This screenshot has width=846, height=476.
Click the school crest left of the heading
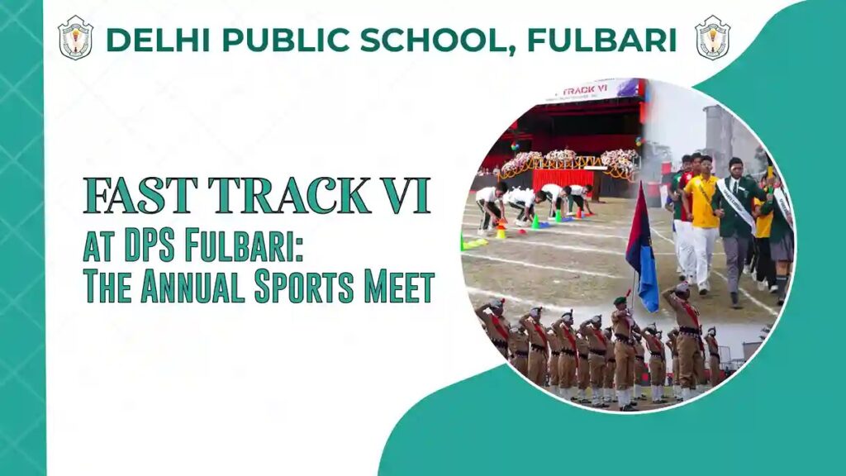pos(75,38)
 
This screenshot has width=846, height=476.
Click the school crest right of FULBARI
pos(712,38)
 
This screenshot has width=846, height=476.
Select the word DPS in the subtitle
pos(156,246)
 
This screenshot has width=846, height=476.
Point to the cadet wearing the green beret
pos(622,347)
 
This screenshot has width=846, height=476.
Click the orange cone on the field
pos(501,232)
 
